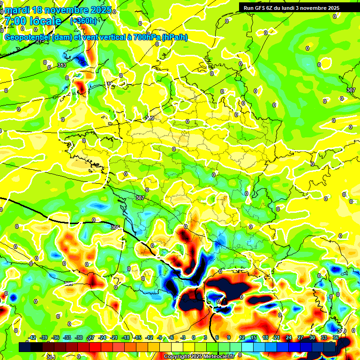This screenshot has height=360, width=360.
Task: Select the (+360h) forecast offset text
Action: point(83,21)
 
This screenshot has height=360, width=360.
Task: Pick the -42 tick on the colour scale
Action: point(32,337)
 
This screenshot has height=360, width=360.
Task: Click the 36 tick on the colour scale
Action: point(336,337)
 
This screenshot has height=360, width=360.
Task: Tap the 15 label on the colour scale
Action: point(254,337)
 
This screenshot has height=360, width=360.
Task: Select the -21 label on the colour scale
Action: point(114,337)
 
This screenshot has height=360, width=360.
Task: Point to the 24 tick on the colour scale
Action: point(289,337)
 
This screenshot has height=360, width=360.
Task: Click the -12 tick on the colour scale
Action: point(149,337)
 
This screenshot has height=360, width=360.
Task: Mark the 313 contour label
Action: point(62,65)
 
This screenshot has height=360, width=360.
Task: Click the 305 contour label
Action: point(115,227)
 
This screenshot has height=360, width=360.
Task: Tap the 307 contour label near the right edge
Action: point(351,90)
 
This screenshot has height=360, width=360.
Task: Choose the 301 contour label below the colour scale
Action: point(51,357)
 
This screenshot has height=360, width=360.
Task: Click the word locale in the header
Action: point(45,21)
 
